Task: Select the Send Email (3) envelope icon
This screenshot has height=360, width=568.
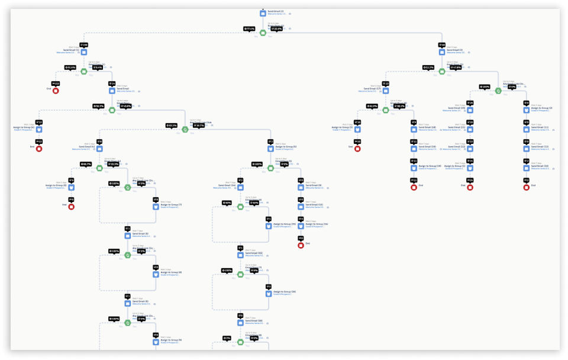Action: coord(441,52)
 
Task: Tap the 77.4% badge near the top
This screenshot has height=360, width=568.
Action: coord(249,28)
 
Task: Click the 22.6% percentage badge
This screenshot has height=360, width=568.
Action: coord(276,28)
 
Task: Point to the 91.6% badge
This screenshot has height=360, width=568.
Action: coord(71,67)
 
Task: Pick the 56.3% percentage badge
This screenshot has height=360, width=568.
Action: coord(99,106)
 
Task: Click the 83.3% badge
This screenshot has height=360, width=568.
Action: coord(172,125)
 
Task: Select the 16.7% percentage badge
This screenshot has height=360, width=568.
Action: coord(199,125)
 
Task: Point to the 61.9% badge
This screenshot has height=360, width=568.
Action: coord(372,106)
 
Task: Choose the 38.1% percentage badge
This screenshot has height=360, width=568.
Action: coord(399,106)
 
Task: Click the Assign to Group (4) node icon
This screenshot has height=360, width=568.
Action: coord(40,128)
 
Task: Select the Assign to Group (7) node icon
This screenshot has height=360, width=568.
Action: coord(156,206)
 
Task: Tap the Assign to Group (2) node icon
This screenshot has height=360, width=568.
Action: coord(527,110)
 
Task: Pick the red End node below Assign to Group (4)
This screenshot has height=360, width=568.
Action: coord(40,148)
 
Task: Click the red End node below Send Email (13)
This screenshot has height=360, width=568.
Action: coord(527,187)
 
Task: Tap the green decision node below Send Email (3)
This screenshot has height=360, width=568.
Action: coord(441,71)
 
